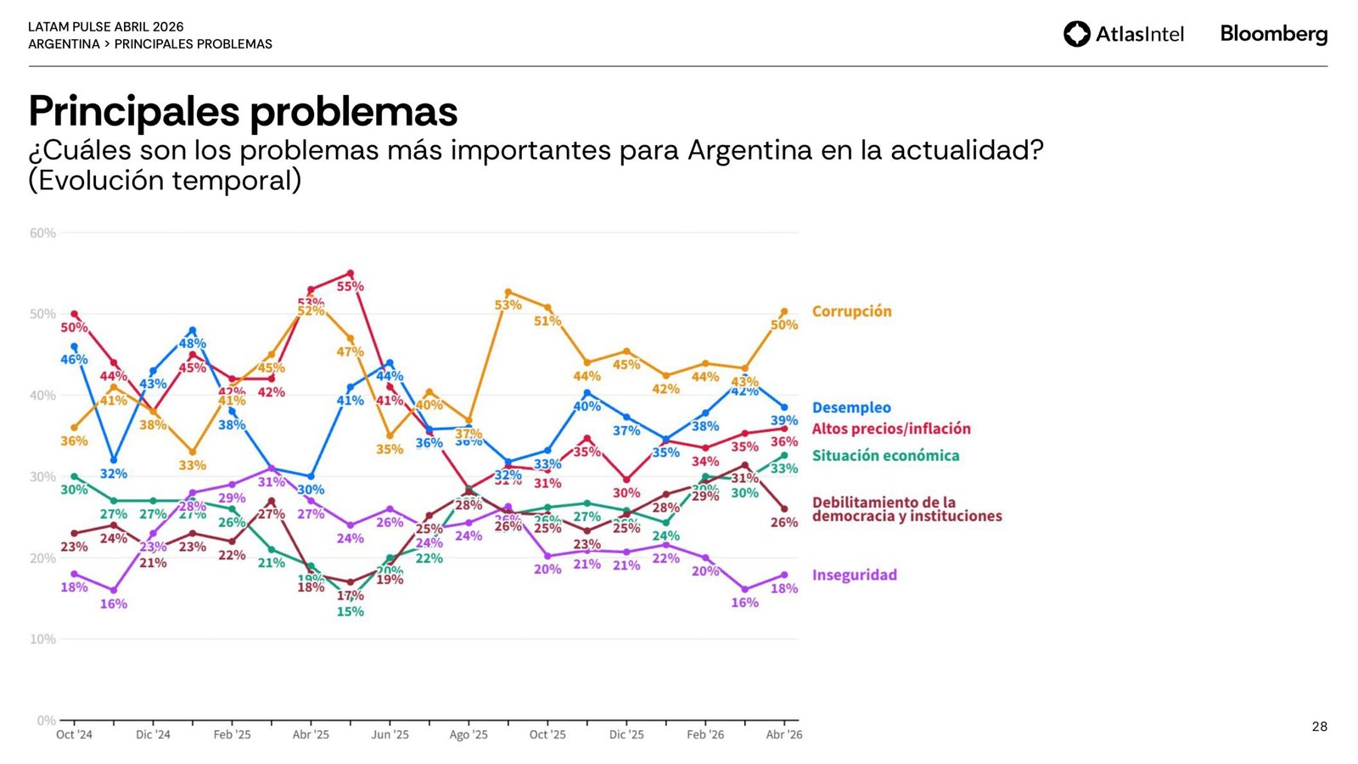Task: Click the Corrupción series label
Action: [851, 312]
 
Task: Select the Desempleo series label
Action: [851, 408]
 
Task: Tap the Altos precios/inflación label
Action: [891, 430]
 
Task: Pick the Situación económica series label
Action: [885, 456]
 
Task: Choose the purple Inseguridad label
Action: [854, 576]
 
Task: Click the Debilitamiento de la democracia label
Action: [906, 509]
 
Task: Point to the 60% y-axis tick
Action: [42, 233]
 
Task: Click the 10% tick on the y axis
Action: [42, 639]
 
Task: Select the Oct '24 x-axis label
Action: [74, 735]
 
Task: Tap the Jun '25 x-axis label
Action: [390, 735]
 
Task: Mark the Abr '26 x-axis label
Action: [783, 735]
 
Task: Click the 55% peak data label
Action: [351, 287]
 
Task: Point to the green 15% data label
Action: [350, 612]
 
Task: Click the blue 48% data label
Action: [193, 344]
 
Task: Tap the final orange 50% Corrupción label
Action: [784, 325]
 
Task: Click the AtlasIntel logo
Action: [1123, 34]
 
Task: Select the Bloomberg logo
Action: [1273, 34]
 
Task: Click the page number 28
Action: [1319, 727]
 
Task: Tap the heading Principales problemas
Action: [243, 111]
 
